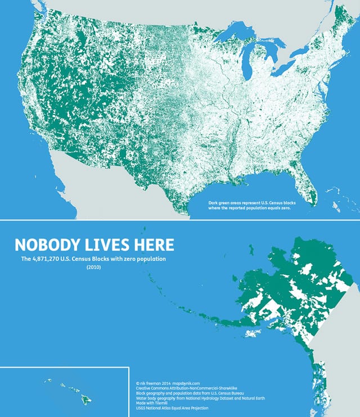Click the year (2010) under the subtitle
tap(94, 268)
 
